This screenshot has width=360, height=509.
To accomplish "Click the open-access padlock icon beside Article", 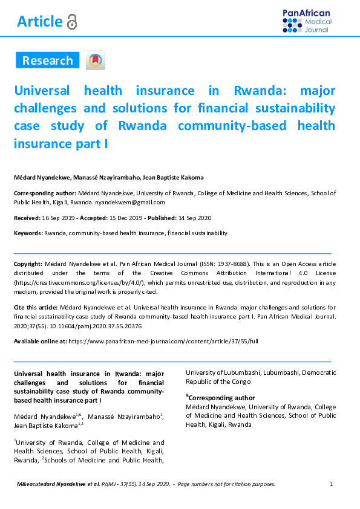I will click(72, 22).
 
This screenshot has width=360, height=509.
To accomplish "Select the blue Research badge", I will click(47, 60).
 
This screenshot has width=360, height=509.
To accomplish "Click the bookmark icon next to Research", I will click(95, 60).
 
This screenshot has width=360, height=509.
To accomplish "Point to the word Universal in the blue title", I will click(42, 91).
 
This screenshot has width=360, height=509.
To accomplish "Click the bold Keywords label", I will click(28, 233).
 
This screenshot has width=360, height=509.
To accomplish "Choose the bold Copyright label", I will click(28, 264).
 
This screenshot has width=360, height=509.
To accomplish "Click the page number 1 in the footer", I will click(332, 484).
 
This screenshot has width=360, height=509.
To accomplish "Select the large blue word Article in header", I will click(39, 22).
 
